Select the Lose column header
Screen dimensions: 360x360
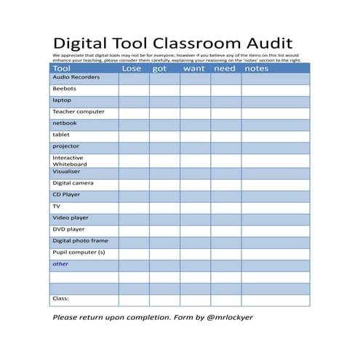pyautogui.click(x=132, y=68)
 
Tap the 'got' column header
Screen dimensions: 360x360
pyautogui.click(x=160, y=68)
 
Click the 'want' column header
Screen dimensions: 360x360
pyautogui.click(x=194, y=68)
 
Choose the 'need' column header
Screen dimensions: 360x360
pyautogui.click(x=224, y=68)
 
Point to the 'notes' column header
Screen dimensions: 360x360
pyautogui.click(x=256, y=68)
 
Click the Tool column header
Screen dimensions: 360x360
pyautogui.click(x=61, y=68)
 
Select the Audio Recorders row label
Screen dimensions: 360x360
pyautogui.click(x=76, y=77)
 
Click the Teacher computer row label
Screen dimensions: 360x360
pyautogui.click(x=78, y=112)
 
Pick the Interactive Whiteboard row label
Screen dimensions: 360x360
pyautogui.click(x=68, y=161)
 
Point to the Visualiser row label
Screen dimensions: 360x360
pyautogui.click(x=66, y=172)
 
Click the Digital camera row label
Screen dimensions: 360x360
pyautogui.click(x=73, y=183)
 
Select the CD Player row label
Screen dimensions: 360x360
pyautogui.click(x=66, y=195)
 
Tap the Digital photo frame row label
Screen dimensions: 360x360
pyautogui.click(x=80, y=241)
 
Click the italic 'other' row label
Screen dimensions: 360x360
pyautogui.click(x=60, y=264)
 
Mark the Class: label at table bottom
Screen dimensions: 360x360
pyautogui.click(x=60, y=298)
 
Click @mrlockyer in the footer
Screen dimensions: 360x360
pyautogui.click(x=228, y=317)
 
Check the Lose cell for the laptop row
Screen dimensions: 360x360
pyautogui.click(x=134, y=101)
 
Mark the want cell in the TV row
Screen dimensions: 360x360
pyautogui.click(x=195, y=207)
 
